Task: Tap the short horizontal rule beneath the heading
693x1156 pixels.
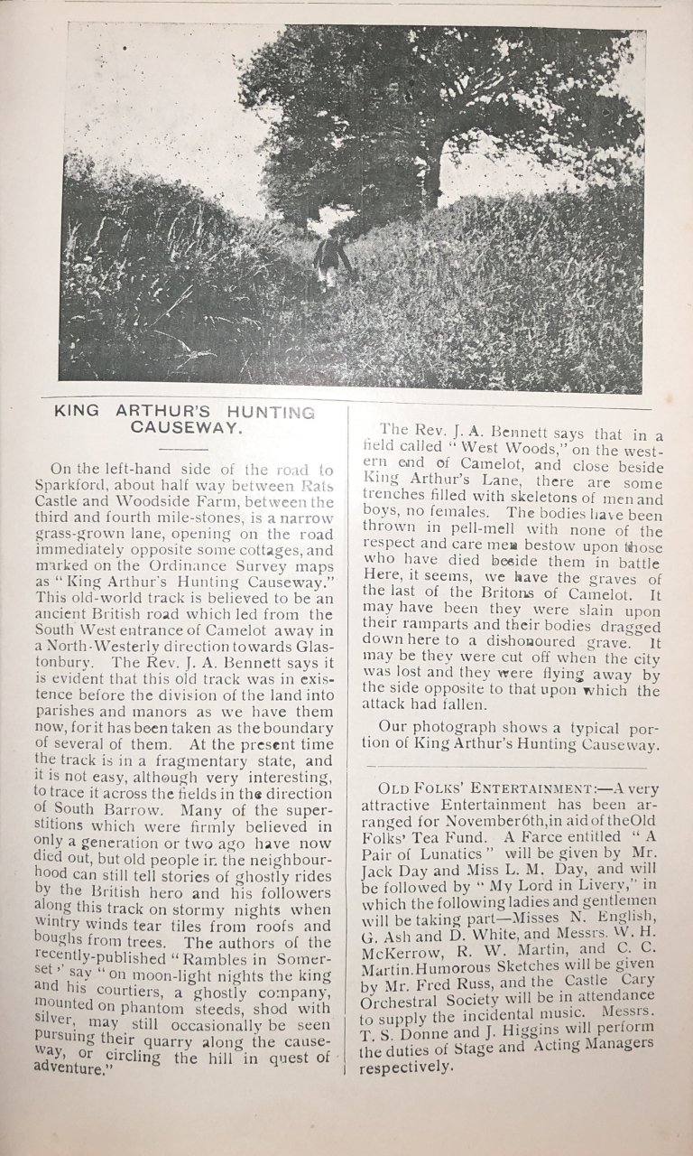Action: click(183, 448)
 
